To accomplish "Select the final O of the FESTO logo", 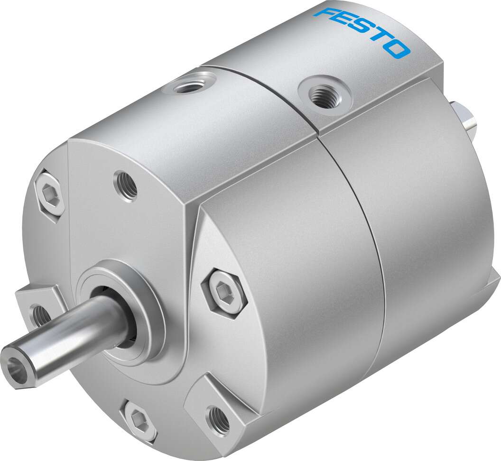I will (398, 48).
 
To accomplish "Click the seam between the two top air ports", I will (259, 90).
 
